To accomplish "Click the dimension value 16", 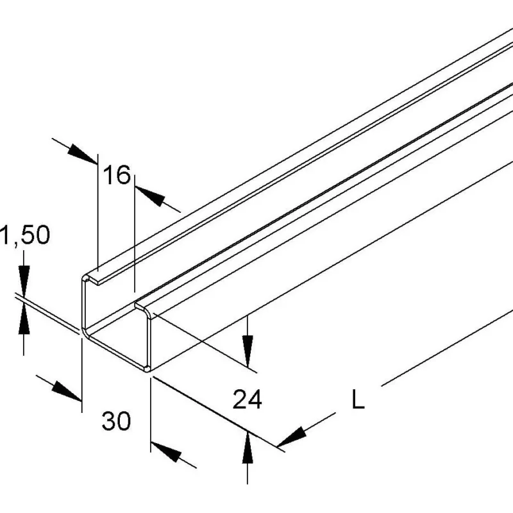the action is [117, 174].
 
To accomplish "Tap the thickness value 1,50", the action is [25, 235].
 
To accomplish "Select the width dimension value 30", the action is [116, 421].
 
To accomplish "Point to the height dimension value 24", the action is [247, 399].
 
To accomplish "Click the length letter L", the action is [358, 398].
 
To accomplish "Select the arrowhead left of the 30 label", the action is [67, 391].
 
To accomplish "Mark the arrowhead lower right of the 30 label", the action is [166, 452].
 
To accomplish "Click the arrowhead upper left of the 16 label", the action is [83, 154].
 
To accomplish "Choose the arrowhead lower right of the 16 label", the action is [150, 196].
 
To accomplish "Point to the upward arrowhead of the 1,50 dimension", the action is [24, 318].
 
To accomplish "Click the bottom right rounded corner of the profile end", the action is [147, 369].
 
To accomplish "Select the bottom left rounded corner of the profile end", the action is [86, 333].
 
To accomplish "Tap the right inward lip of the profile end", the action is [143, 308].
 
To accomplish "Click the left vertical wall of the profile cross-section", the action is [84, 304].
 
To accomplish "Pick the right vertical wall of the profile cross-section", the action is [149, 341].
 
